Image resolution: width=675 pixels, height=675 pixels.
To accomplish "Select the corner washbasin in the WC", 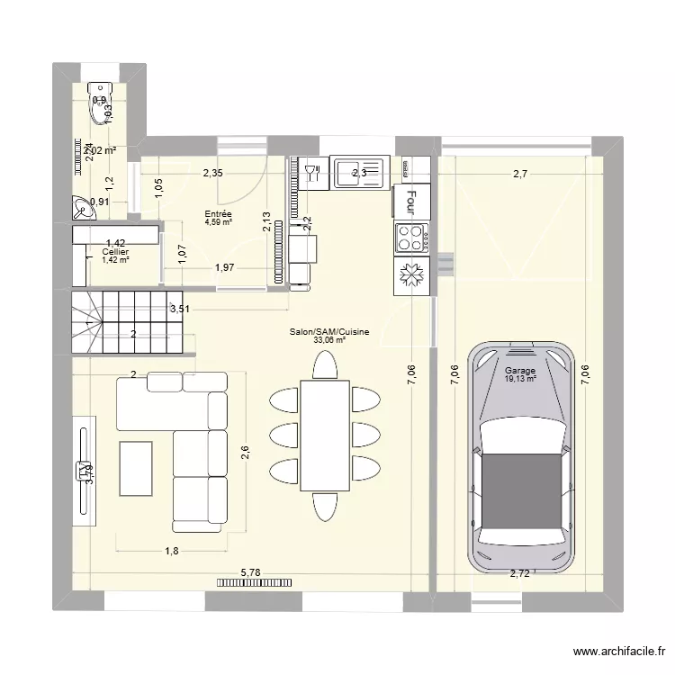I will [85, 210].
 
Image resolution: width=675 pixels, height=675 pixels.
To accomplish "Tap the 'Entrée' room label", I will [218, 214].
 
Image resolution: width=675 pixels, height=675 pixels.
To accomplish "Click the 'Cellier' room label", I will [115, 252].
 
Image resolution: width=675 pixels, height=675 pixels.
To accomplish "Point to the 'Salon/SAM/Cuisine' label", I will [329, 332].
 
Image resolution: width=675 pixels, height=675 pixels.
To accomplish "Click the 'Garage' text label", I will [520, 371].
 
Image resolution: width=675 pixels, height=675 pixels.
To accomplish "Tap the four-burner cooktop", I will [411, 238].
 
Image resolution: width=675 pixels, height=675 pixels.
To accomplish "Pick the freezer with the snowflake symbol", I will [411, 276].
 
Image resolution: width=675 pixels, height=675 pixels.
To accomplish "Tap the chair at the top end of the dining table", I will [324, 364].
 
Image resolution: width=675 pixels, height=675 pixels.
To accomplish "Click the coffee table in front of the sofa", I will [135, 467].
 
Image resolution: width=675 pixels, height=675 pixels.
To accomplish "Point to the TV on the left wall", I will [83, 468].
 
